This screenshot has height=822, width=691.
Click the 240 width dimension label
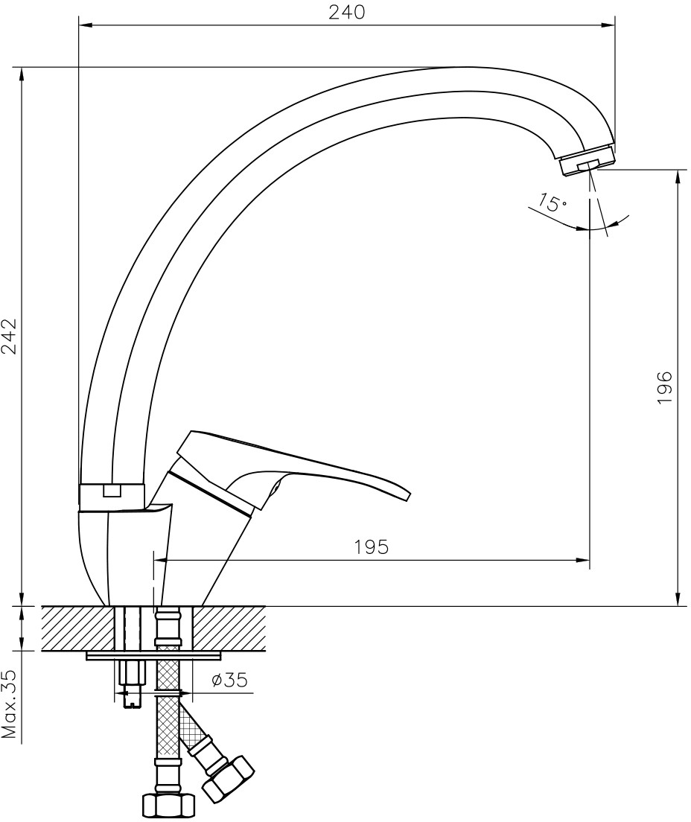coord(346,12)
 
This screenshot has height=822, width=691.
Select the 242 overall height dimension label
coord(11,337)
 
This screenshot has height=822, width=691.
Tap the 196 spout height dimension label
coord(664,387)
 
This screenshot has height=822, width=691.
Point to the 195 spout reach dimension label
coord(372,547)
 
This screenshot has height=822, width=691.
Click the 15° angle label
coord(550,202)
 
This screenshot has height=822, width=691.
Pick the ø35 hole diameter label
coord(229,680)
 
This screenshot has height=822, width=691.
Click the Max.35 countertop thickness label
coord(11,706)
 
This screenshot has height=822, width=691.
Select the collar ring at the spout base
coord(111,497)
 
